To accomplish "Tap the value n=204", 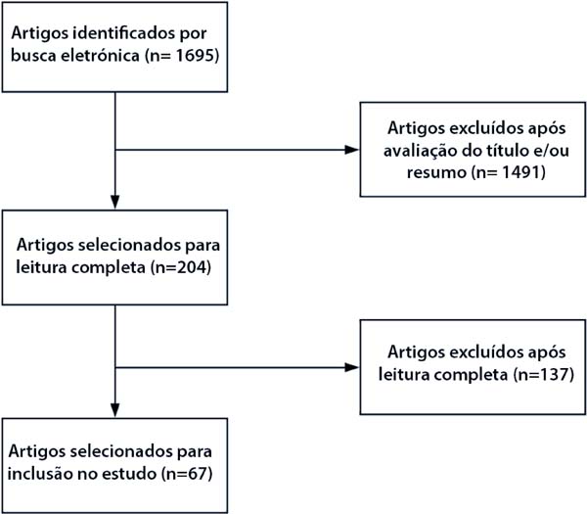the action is pyautogui.click(x=181, y=267).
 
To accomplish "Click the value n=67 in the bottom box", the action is pyautogui.click(x=187, y=474).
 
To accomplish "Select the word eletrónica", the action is pyautogui.click(x=101, y=56).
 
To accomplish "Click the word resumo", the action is pyautogui.click(x=437, y=172).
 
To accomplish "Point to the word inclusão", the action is pyautogui.click(x=40, y=474).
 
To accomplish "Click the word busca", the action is pyautogui.click(x=33, y=56).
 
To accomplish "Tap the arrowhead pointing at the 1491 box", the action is pyautogui.click(x=352, y=150).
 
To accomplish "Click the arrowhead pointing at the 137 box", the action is pyautogui.click(x=352, y=367).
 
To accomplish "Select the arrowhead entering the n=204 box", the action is pyautogui.click(x=115, y=202).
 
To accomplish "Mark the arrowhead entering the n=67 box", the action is pyautogui.click(x=115, y=410).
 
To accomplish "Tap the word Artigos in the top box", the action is pyautogui.click(x=39, y=33).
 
